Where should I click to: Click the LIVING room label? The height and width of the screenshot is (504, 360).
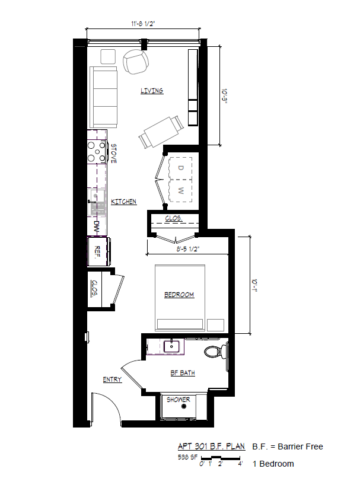[x=152, y=91]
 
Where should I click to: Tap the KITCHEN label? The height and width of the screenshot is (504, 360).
[x=124, y=202]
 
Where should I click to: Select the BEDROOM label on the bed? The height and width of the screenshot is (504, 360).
[x=179, y=295]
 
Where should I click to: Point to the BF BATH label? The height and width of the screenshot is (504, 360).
[x=183, y=373]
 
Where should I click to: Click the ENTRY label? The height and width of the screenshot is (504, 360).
[x=112, y=379]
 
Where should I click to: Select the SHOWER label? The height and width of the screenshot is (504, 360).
[x=178, y=400]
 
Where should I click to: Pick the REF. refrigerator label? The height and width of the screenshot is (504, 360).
[x=97, y=250]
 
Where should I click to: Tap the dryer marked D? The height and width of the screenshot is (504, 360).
[x=181, y=168]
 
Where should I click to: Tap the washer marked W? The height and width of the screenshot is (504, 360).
[x=181, y=190]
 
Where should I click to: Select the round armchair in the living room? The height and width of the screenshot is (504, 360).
[x=136, y=61]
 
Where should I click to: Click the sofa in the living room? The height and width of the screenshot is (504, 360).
[x=104, y=97]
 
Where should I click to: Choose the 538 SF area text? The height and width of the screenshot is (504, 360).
[x=187, y=457]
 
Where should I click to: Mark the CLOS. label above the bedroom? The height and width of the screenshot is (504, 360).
[x=174, y=219]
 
